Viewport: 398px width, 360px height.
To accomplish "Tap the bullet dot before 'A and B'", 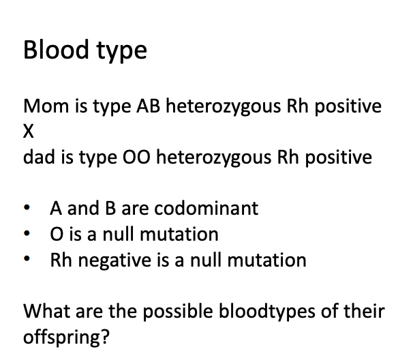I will (x=27, y=209).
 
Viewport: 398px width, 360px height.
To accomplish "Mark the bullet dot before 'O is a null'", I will (x=27, y=235).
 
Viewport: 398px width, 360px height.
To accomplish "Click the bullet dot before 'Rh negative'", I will (x=27, y=260).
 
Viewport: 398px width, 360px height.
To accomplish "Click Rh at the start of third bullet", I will (x=61, y=260).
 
